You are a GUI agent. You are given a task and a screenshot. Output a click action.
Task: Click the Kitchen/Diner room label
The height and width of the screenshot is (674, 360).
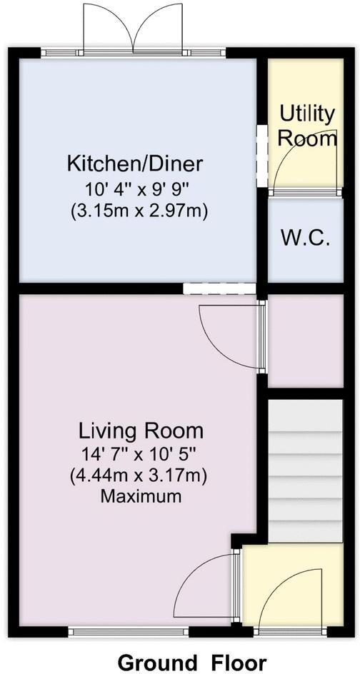[135, 164]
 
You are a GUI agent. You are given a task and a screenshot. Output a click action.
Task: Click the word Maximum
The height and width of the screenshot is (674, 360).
[141, 496]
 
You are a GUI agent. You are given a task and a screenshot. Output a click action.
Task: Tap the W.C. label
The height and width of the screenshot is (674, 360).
[305, 238]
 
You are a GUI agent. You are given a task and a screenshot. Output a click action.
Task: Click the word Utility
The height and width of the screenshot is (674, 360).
[306, 113]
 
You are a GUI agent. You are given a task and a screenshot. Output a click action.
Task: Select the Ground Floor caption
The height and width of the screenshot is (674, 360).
[181, 661]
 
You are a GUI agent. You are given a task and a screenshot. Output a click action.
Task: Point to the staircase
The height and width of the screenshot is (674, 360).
[305, 471]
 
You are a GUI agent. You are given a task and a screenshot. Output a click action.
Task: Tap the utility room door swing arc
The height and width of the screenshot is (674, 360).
[293, 161]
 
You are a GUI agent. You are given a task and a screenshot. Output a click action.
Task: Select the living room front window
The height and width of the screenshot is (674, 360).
[129, 630]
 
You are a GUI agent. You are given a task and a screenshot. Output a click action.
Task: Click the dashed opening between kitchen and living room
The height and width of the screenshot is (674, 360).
[219, 288]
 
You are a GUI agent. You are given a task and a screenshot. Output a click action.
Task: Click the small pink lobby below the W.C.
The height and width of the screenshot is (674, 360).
[305, 341]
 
